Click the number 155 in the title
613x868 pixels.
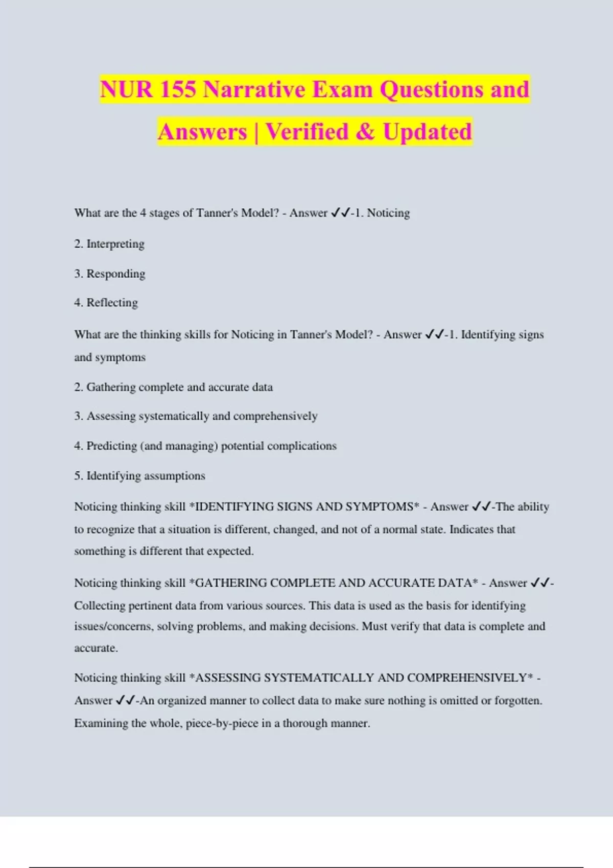click(177, 89)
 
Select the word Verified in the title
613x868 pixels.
click(306, 132)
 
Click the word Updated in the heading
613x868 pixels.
click(427, 132)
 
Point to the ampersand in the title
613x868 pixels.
click(365, 132)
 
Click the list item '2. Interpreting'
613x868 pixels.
click(109, 244)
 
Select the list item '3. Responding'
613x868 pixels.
click(110, 274)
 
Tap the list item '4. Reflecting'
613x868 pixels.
click(106, 303)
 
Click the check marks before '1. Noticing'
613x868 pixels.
click(340, 213)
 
